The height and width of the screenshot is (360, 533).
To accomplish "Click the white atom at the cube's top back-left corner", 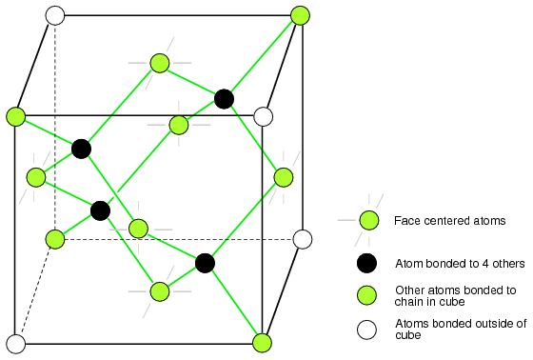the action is coord(55,15).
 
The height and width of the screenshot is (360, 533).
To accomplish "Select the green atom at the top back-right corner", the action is coord(300,15).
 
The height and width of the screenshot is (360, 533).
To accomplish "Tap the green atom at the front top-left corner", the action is coord(15,116).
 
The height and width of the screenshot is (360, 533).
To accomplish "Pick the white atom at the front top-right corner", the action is coord(263,116).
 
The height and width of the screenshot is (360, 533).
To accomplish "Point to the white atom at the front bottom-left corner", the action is coord(15,344).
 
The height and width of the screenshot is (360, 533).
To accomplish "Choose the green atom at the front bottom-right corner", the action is coord(262,342).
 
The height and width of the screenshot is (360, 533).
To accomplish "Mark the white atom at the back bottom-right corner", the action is coord(303,239).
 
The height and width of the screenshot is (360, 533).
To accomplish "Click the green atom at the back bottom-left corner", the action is coord(55,239).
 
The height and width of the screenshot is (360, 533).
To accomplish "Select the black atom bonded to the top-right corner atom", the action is coord(224,99).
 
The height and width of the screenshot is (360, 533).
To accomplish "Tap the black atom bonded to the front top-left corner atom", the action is coord(81,149).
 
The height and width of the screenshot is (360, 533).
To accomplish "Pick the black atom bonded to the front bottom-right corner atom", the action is coord(205,263).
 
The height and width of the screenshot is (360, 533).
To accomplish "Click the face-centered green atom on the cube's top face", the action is coord(160,63).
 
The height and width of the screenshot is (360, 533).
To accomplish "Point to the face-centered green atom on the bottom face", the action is coord(160,291).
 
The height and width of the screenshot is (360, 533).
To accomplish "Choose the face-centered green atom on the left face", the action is coord(36,177).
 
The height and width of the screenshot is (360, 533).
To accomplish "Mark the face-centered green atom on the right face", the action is coord(284,177).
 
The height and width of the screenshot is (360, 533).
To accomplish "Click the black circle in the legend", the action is coord(366,263).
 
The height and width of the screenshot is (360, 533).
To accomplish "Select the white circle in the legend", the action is coord(366,330).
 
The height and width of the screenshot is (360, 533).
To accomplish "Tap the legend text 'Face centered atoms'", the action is coord(449,221).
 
